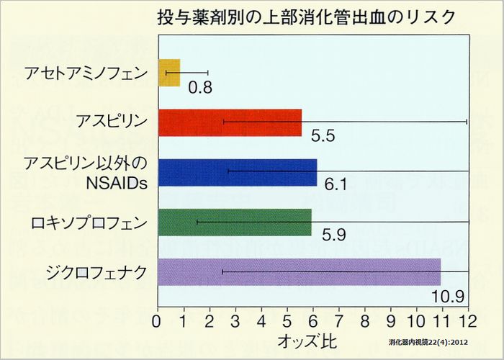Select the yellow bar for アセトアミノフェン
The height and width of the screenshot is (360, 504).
[168, 73]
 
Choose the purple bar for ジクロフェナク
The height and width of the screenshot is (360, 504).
[298, 271]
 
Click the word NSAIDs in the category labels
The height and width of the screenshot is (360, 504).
[116, 182]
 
